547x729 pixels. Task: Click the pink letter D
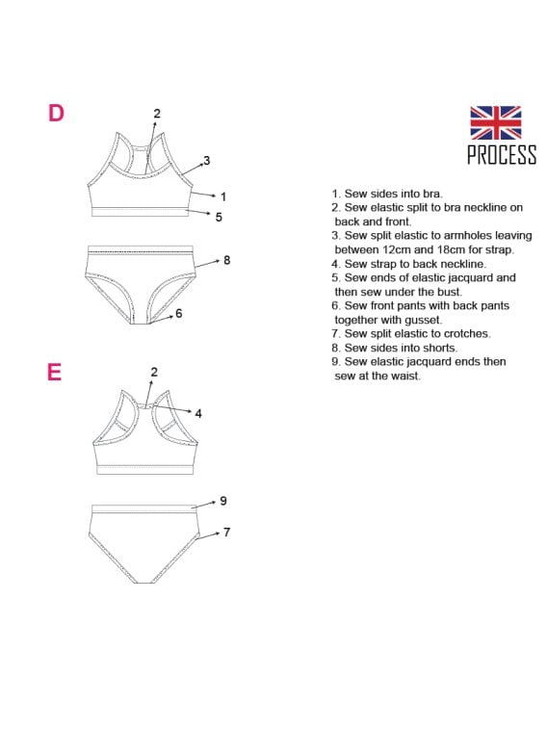pyautogui.click(x=56, y=113)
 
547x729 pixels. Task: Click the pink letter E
pyautogui.click(x=54, y=372)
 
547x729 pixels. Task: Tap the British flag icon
pyautogui.click(x=495, y=122)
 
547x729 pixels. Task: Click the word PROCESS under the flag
pyautogui.click(x=502, y=154)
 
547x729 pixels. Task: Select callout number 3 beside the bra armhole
pyautogui.click(x=207, y=161)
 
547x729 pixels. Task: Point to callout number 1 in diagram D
pyautogui.click(x=223, y=196)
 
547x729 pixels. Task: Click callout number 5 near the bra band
pyautogui.click(x=219, y=217)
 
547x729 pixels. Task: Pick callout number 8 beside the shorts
pyautogui.click(x=227, y=260)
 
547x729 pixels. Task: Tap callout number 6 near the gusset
pyautogui.click(x=178, y=313)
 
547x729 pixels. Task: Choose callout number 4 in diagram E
pyautogui.click(x=198, y=413)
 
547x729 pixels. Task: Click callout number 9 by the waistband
pyautogui.click(x=223, y=501)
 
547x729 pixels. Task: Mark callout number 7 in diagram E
pyautogui.click(x=226, y=532)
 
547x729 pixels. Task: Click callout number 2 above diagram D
pyautogui.click(x=157, y=114)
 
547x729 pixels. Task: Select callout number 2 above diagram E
pyautogui.click(x=154, y=372)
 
